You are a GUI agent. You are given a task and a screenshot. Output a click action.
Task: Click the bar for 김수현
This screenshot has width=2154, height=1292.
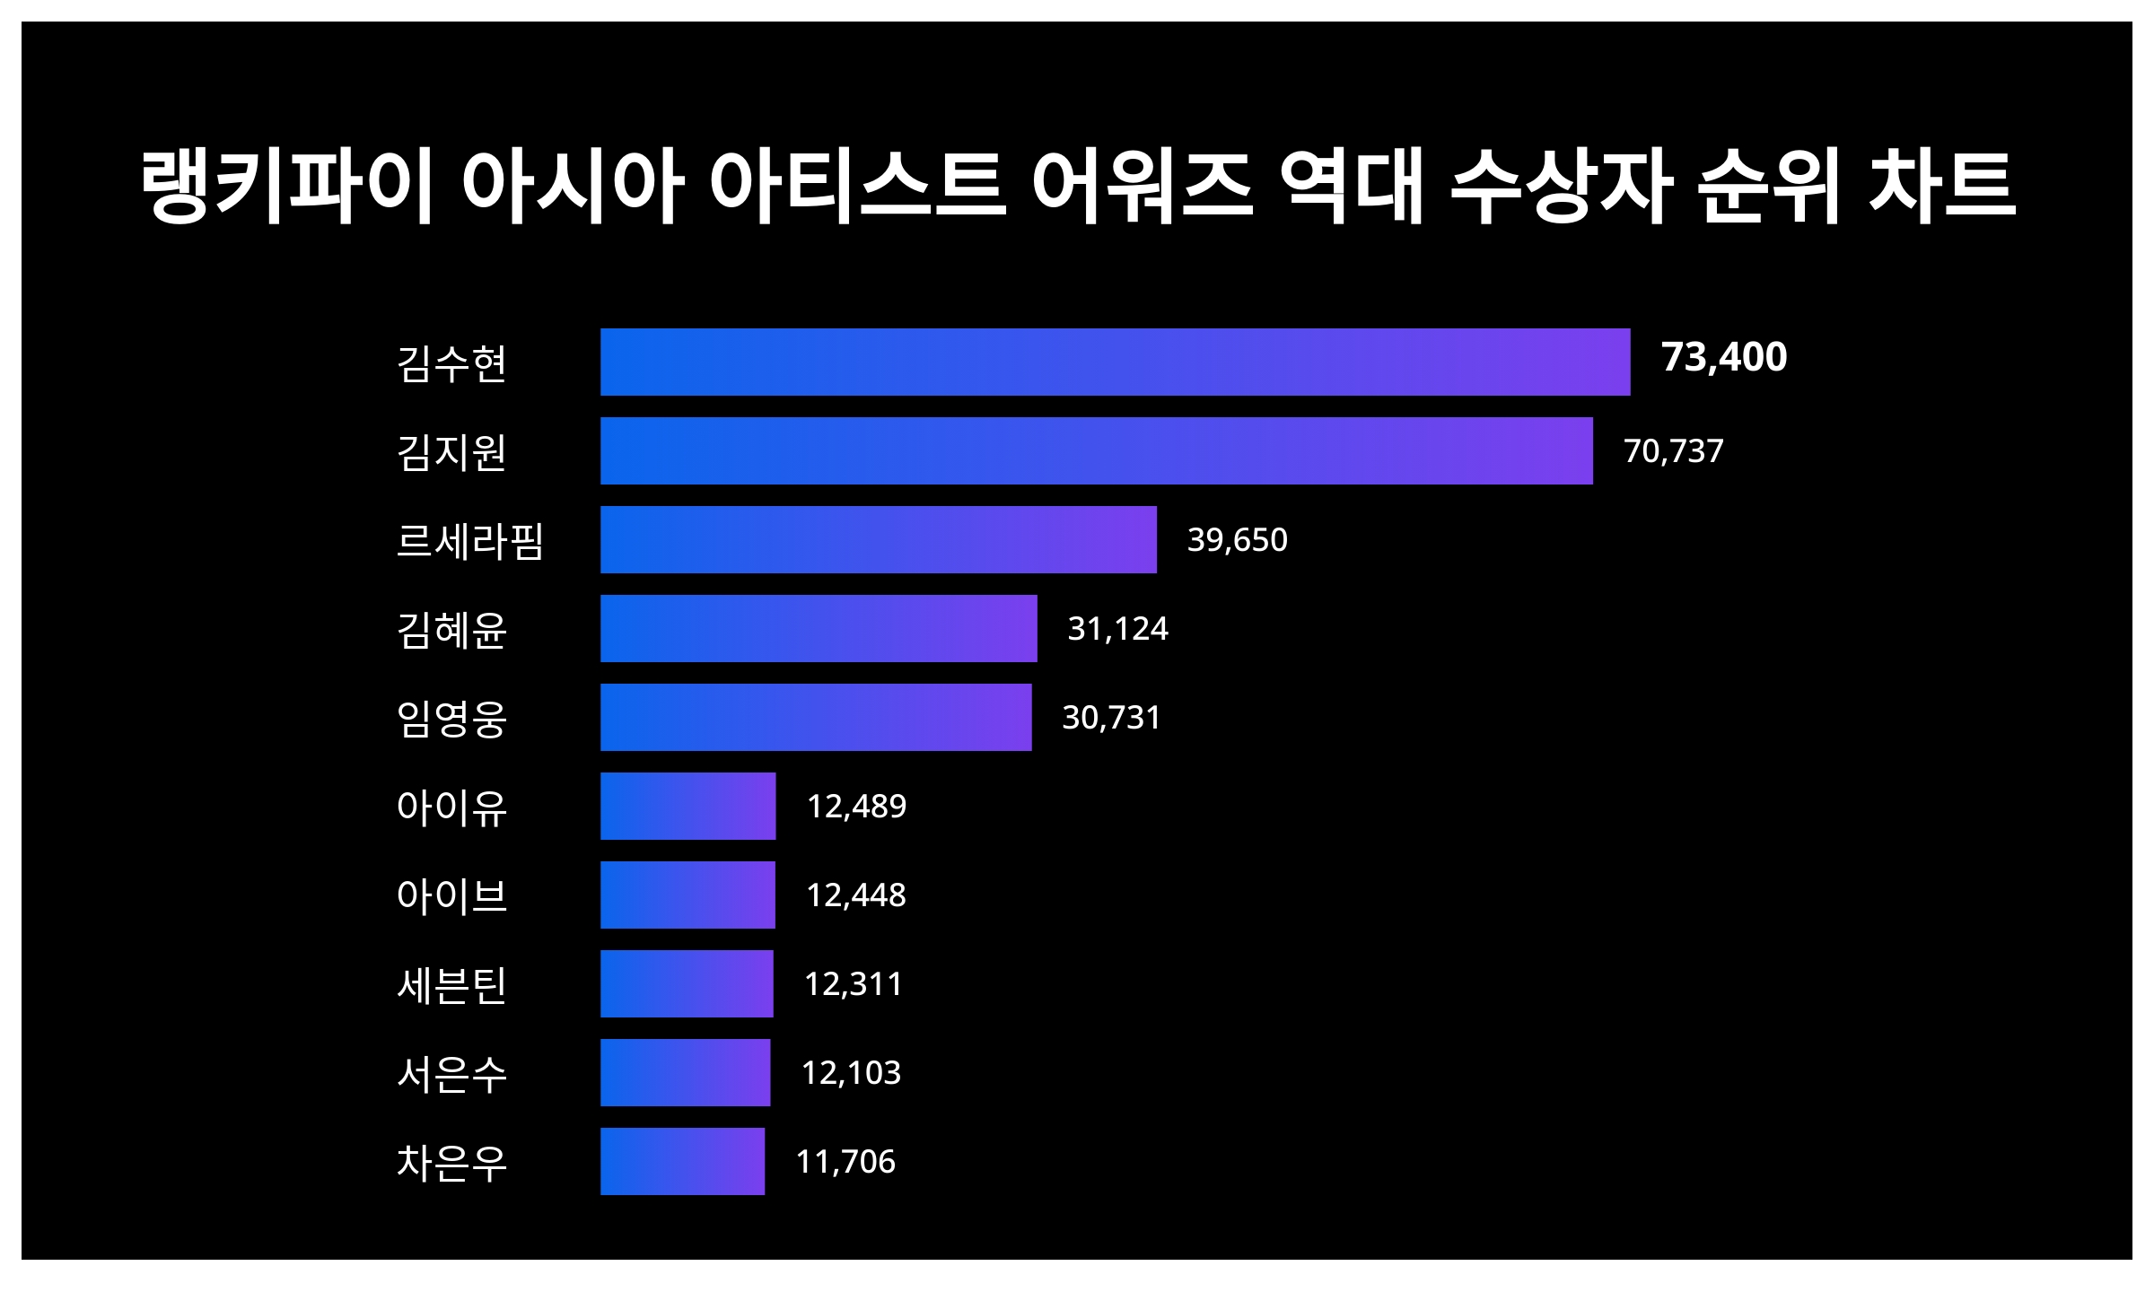(1115, 362)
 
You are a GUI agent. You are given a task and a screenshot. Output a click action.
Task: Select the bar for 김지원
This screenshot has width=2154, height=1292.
(1096, 450)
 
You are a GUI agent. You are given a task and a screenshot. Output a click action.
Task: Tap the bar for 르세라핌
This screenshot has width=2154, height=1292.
(878, 539)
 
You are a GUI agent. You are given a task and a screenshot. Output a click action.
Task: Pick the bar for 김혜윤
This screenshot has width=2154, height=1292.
(819, 628)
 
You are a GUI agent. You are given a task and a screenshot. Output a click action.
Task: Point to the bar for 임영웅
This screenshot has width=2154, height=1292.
(816, 717)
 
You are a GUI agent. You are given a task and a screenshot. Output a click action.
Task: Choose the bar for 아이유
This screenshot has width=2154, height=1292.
(687, 806)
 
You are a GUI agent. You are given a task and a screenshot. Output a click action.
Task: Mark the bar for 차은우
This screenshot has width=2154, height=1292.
(682, 1161)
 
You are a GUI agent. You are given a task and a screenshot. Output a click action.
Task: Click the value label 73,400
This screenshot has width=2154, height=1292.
(1723, 357)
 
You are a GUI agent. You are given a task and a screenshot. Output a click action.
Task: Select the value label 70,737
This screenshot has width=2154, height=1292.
(1673, 450)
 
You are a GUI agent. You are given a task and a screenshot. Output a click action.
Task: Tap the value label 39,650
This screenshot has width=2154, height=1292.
(1237, 539)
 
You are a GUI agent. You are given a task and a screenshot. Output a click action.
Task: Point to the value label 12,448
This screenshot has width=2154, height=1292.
(855, 895)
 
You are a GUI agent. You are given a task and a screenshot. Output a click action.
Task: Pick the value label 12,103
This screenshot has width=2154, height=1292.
(851, 1072)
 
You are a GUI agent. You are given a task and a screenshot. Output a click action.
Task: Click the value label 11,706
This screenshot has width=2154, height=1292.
(845, 1161)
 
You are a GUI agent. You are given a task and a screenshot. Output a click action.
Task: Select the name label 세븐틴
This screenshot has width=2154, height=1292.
(451, 984)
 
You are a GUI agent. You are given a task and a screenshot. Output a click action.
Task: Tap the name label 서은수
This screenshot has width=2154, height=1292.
(451, 1073)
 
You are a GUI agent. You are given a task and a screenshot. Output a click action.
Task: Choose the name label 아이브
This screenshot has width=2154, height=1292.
(451, 895)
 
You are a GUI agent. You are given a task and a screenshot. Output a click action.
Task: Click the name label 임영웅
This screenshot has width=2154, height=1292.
(451, 718)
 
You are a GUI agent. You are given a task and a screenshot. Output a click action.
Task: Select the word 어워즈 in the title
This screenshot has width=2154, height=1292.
(1142, 186)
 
